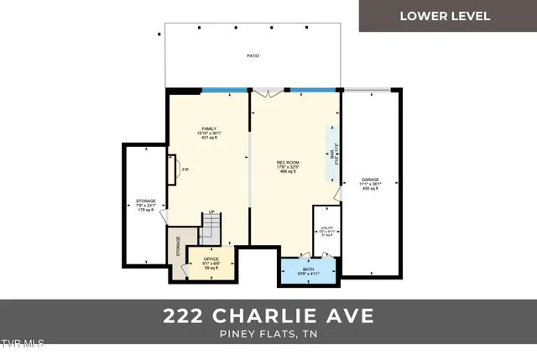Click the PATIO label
(x=253, y=56)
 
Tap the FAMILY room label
(x=209, y=133)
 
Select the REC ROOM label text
(x=289, y=164)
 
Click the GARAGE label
(x=370, y=184)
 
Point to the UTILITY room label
(x=326, y=229)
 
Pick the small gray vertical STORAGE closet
(x=177, y=248)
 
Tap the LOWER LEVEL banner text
(x=445, y=16)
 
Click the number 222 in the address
(x=186, y=316)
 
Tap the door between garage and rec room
(x=337, y=196)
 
